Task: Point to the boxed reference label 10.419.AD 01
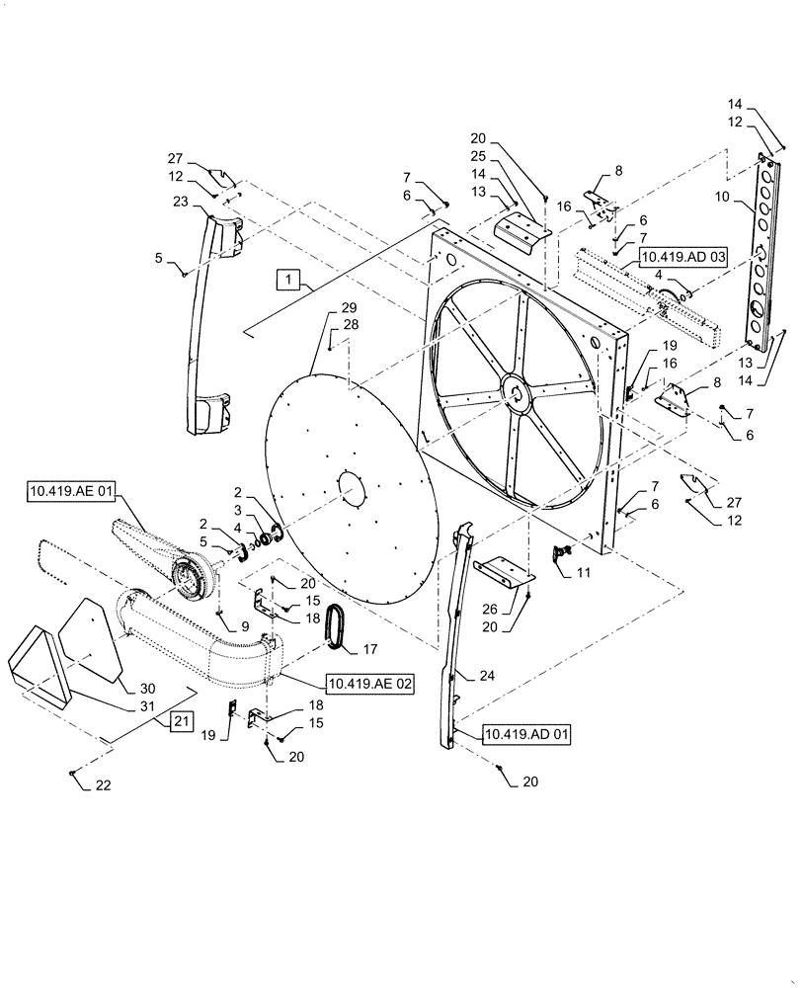[525, 734]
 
